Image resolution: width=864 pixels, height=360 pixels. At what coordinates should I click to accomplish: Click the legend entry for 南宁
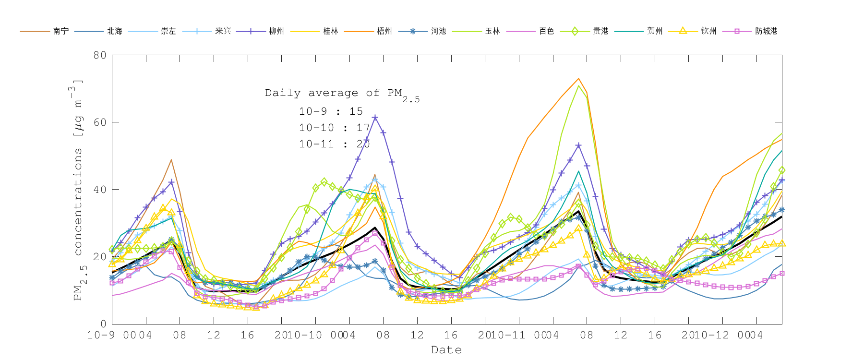click(x=60, y=31)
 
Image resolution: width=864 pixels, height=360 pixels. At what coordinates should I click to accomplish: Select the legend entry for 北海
click(x=115, y=31)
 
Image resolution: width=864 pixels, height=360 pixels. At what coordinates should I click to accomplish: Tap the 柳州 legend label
click(x=276, y=31)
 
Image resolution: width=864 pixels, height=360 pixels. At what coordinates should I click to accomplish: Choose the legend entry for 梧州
click(x=384, y=31)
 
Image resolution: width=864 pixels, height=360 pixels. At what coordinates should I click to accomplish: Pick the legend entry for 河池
click(x=438, y=31)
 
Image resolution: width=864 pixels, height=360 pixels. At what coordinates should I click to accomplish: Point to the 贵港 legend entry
click(x=600, y=31)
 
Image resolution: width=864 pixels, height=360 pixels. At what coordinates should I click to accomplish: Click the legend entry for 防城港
click(x=766, y=31)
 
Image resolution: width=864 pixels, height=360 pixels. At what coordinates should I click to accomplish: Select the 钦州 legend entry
click(x=708, y=31)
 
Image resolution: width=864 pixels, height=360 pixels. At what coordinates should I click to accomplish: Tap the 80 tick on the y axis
click(x=100, y=55)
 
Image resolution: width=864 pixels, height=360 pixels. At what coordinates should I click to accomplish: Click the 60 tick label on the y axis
click(x=100, y=122)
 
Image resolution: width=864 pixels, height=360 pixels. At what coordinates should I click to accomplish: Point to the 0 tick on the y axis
click(x=103, y=324)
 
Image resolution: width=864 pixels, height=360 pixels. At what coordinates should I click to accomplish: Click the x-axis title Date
click(x=446, y=350)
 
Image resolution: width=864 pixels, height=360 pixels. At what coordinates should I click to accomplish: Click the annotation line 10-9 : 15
click(x=331, y=111)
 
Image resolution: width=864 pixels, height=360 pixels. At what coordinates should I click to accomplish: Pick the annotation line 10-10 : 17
click(x=335, y=128)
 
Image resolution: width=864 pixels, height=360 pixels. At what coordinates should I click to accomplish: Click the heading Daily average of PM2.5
click(x=342, y=94)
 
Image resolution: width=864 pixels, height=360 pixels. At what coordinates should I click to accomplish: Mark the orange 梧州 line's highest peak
click(x=578, y=78)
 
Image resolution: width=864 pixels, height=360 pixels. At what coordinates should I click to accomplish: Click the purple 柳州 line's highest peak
click(x=375, y=117)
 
